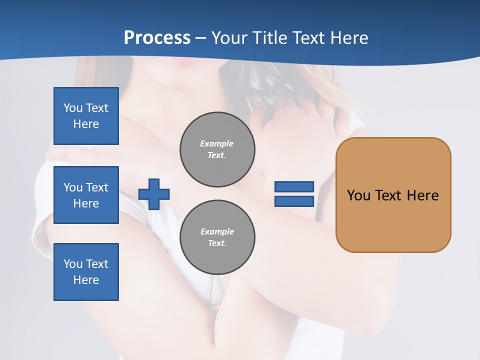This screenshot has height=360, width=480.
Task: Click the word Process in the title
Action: (157, 38)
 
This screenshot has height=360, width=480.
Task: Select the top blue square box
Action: (86, 116)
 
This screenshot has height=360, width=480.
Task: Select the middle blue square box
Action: (86, 195)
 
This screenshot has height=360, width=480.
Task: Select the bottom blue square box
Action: (86, 272)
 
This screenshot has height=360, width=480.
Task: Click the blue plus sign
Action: (154, 194)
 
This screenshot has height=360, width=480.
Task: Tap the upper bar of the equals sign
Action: (294, 186)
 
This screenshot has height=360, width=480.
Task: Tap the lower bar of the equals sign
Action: (294, 201)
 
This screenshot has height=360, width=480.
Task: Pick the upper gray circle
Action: (217, 149)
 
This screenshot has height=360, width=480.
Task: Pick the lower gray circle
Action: (217, 237)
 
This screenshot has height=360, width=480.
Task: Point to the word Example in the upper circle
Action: (217, 143)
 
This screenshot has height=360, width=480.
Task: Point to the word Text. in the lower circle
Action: (217, 243)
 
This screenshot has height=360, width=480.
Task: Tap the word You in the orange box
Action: (358, 195)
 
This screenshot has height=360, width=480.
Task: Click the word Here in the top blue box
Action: (86, 124)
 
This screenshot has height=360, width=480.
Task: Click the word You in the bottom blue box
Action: (73, 264)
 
